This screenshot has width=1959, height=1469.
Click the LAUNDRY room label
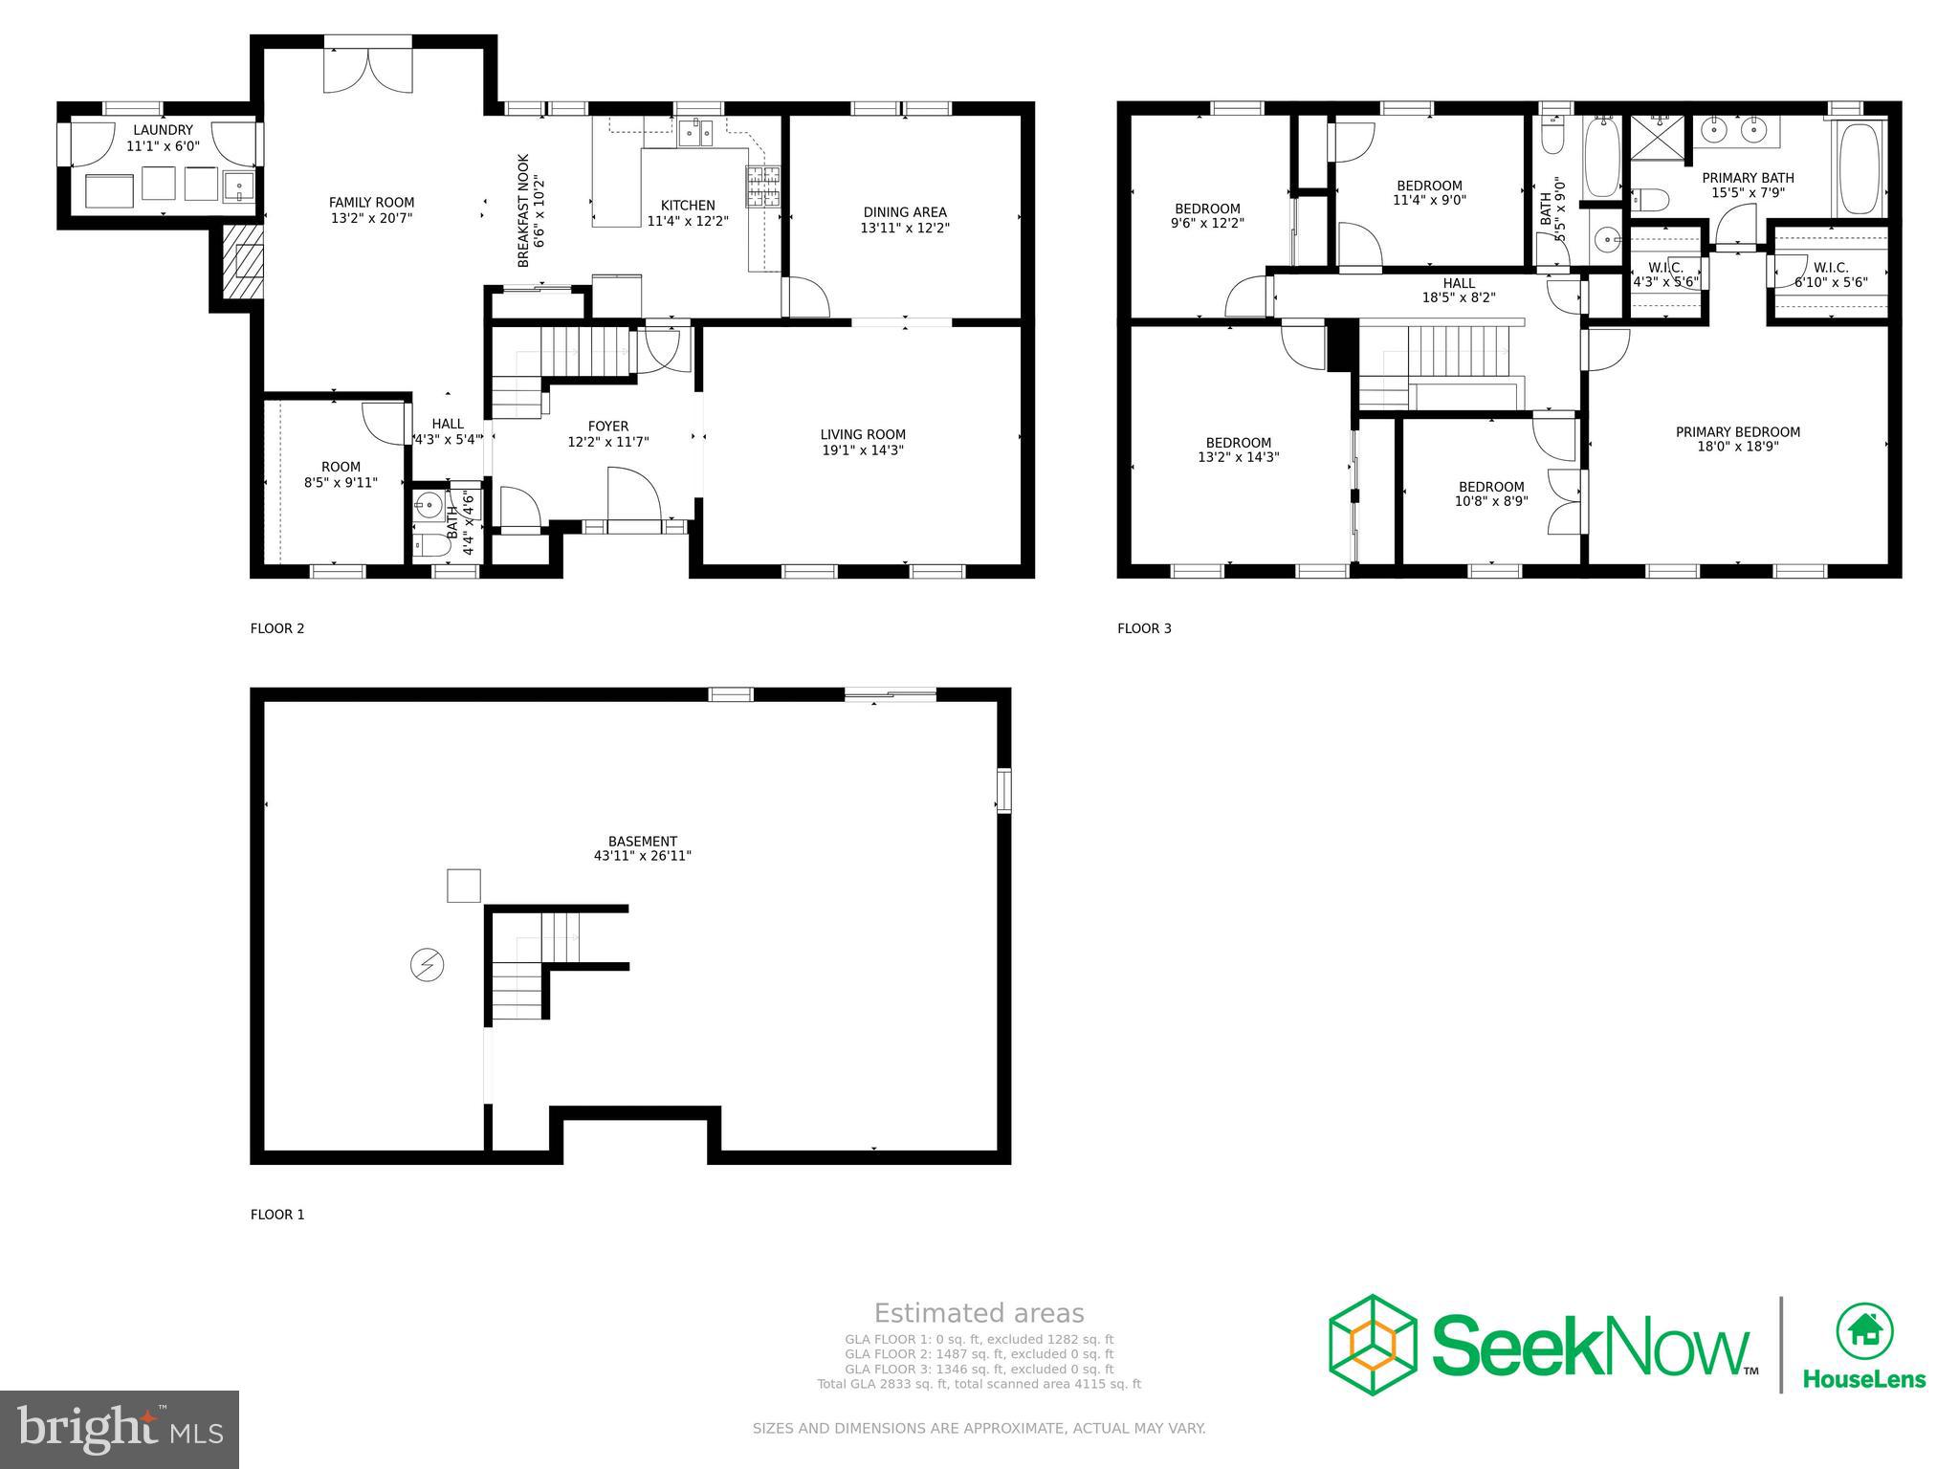click(x=163, y=130)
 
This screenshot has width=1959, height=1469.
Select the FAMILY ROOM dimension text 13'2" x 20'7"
click(x=371, y=218)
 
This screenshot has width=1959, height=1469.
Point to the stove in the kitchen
click(x=762, y=186)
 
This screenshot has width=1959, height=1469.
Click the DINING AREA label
click(x=904, y=212)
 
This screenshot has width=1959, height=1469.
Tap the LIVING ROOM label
click(x=862, y=434)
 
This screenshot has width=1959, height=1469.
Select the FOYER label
click(x=607, y=427)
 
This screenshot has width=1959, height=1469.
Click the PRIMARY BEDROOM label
click(x=1737, y=432)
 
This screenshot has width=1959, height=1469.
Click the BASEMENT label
click(x=642, y=842)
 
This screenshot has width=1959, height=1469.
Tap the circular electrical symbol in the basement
click(x=427, y=965)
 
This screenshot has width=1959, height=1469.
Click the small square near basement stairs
click(x=464, y=885)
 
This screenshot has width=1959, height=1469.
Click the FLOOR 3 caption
click(x=1144, y=628)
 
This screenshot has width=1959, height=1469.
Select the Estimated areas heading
click(x=979, y=1313)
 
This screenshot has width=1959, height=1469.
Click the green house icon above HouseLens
click(x=1863, y=1330)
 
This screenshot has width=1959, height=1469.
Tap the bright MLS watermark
click(x=120, y=1429)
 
